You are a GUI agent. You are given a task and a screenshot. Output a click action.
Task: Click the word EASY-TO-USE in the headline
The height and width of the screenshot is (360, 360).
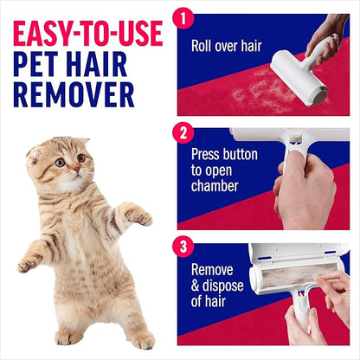[87, 34]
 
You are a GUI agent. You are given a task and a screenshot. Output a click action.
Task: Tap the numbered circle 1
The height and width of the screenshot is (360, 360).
[183, 17]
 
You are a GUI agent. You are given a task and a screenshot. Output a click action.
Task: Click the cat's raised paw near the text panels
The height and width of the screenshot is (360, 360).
[139, 215]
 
